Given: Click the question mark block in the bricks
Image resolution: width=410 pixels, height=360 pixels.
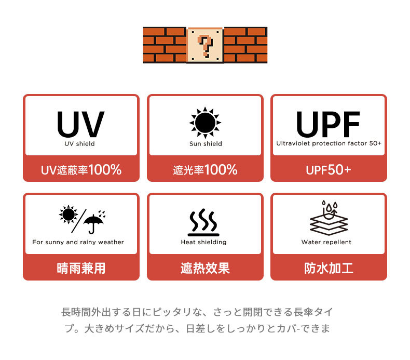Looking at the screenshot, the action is [x=205, y=45].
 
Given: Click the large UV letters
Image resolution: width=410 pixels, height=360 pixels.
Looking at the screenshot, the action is [x=81, y=124].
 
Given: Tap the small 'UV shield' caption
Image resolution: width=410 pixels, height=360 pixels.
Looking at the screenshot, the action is [x=80, y=144].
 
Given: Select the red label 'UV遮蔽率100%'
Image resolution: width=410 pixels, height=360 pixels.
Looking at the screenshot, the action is [x=81, y=169].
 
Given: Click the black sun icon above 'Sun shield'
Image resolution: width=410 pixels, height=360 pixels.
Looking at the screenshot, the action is [x=205, y=123].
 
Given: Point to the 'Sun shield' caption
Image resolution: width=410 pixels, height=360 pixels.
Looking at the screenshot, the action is [x=205, y=144].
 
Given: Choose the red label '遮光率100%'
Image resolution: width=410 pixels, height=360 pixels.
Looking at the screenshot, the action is [x=205, y=169].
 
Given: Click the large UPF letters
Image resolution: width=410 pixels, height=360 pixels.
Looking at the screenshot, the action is [x=328, y=124].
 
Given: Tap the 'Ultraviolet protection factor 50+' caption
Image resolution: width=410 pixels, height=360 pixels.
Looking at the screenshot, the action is [x=329, y=143].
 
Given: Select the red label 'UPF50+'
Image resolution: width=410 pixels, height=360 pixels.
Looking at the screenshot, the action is [x=329, y=169].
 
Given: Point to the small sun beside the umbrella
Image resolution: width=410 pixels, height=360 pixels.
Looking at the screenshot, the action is [x=68, y=215].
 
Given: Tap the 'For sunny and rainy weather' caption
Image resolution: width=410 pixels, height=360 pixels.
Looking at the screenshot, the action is [x=78, y=242].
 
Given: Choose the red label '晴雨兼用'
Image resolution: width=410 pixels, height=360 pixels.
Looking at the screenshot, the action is [x=81, y=269].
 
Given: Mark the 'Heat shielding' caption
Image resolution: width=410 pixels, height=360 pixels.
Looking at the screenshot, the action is [x=203, y=242].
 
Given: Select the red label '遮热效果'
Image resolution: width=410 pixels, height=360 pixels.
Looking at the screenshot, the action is [x=205, y=269].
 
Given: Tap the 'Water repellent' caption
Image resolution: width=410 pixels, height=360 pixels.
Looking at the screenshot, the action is [x=326, y=242].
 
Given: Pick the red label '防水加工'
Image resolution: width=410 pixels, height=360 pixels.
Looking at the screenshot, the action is [x=329, y=269].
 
